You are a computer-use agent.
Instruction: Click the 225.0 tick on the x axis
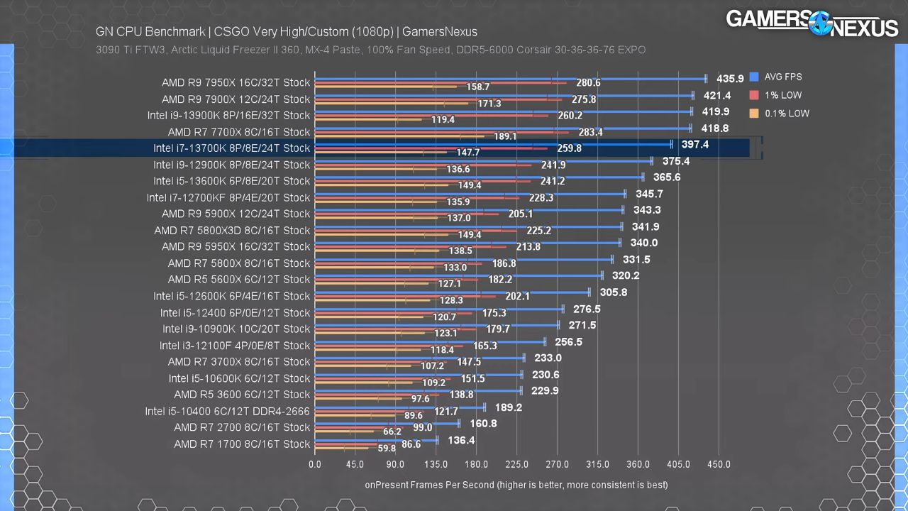point(517,464)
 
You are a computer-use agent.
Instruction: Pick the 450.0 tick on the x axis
point(719,464)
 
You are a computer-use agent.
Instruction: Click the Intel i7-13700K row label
point(231,148)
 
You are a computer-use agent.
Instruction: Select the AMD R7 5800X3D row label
point(232,231)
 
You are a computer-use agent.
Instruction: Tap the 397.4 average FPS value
point(695,145)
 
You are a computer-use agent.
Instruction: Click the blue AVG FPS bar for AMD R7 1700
point(376,440)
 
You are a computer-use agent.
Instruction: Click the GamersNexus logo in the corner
point(812,23)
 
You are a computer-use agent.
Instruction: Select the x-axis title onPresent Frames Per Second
point(516,485)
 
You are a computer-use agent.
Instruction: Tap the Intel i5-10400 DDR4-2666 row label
point(227,411)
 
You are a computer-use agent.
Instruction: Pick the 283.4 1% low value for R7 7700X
point(590,132)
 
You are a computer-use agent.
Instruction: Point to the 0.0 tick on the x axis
point(315,464)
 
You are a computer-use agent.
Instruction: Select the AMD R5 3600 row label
point(242,395)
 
